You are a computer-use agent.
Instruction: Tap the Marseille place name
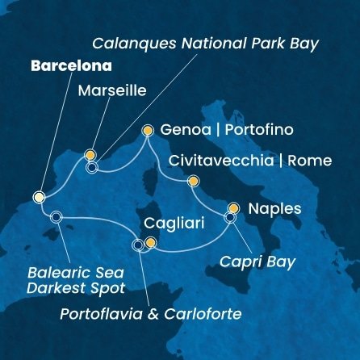click(111, 91)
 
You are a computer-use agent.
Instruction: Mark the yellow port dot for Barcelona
click(39, 196)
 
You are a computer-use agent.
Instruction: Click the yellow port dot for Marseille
click(90, 154)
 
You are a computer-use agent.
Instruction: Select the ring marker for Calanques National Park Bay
click(91, 169)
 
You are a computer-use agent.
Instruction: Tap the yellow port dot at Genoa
click(147, 129)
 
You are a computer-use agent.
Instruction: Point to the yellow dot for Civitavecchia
click(192, 182)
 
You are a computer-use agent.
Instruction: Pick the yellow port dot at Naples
click(234, 207)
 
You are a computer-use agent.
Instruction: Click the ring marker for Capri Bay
click(230, 217)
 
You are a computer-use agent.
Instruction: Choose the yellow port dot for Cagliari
click(150, 241)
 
